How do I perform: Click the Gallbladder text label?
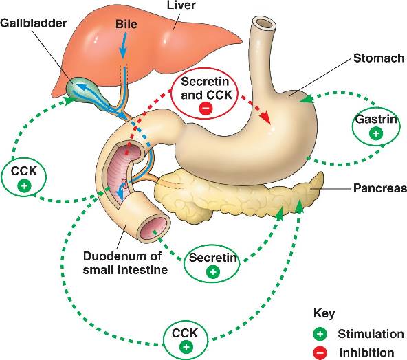tap(33, 23)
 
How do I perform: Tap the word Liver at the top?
tap(181, 5)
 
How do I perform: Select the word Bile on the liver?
tap(126, 24)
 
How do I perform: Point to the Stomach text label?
tap(379, 58)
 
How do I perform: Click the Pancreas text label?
tap(380, 188)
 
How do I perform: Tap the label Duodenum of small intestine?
tap(125, 263)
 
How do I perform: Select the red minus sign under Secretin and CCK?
tap(206, 109)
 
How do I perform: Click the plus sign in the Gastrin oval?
tap(376, 133)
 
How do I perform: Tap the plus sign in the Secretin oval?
tap(213, 272)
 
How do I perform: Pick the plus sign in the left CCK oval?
tap(24, 185)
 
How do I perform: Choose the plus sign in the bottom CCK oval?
tap(186, 347)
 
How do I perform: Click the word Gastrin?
tap(376, 120)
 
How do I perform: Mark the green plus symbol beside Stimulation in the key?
tap(320, 334)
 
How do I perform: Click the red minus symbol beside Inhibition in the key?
tap(320, 352)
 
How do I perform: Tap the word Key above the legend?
tap(324, 313)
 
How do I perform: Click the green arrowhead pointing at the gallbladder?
tap(69, 100)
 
